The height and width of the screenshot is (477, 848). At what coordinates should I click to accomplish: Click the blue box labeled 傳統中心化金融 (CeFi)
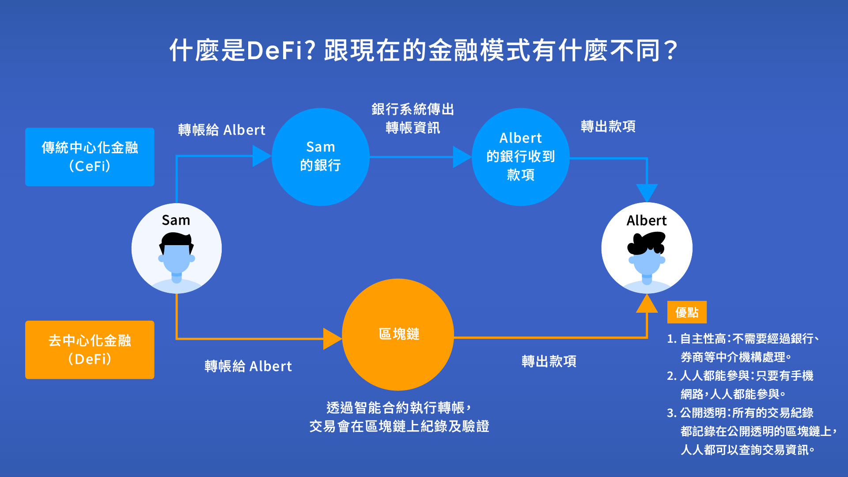click(x=90, y=157)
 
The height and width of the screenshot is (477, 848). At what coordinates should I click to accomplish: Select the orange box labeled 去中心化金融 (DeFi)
click(x=90, y=349)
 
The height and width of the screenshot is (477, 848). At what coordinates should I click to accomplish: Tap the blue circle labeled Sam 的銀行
click(x=320, y=157)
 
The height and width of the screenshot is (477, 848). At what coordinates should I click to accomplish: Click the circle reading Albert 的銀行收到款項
click(x=520, y=157)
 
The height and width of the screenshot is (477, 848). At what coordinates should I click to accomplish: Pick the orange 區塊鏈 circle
click(x=398, y=334)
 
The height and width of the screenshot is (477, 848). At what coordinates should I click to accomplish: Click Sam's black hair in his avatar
click(x=176, y=240)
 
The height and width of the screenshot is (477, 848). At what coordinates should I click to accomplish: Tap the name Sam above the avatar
click(x=176, y=220)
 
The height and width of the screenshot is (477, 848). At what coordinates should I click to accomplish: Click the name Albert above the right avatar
click(x=647, y=220)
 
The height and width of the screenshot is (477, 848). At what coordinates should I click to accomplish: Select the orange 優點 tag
click(x=687, y=312)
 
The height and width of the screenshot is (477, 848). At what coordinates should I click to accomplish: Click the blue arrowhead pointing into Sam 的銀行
click(x=261, y=156)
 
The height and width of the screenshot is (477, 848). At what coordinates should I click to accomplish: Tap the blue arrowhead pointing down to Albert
click(x=647, y=193)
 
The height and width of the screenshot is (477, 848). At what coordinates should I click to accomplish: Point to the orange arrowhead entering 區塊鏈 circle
click(x=332, y=339)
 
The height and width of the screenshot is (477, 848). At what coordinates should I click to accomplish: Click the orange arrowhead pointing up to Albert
click(x=647, y=304)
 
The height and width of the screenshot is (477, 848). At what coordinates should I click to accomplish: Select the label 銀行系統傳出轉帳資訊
click(x=413, y=118)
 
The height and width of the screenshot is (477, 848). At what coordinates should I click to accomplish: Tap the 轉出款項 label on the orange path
click(x=549, y=361)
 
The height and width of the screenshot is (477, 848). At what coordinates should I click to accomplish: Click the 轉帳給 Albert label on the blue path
click(x=222, y=130)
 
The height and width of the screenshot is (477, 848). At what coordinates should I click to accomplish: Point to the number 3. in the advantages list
click(x=671, y=413)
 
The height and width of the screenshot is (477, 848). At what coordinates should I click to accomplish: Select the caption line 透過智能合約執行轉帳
click(x=398, y=407)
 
